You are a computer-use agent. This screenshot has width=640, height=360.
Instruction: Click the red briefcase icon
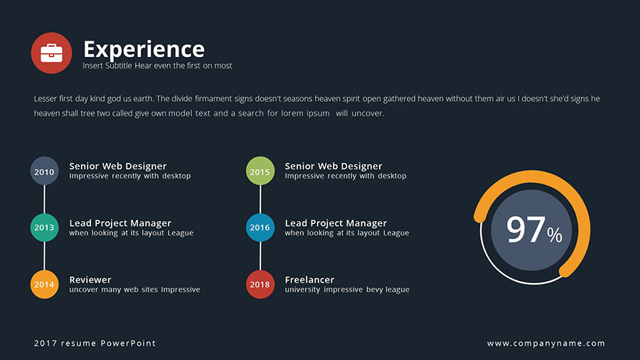[x=51, y=53]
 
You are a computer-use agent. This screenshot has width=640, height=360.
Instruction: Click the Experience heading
[x=144, y=49]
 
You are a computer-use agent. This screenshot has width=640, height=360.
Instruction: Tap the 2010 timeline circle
[x=44, y=171]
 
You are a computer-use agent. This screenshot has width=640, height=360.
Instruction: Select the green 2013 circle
[x=44, y=228]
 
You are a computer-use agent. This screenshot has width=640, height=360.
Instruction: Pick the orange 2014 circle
[x=44, y=285]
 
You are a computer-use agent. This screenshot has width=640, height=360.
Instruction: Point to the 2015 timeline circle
[x=260, y=171]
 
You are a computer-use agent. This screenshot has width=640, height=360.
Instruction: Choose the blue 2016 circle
[x=260, y=228]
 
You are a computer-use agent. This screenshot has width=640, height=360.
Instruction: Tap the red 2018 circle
[x=260, y=285]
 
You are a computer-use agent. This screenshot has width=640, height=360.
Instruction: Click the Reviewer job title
[x=90, y=280]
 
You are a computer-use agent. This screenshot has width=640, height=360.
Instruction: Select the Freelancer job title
[x=309, y=280]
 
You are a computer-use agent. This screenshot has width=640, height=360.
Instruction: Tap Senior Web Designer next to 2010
[x=117, y=166]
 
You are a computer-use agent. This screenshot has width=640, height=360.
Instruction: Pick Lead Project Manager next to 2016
[x=336, y=223]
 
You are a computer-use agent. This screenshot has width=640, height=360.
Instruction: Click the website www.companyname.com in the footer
[x=546, y=344]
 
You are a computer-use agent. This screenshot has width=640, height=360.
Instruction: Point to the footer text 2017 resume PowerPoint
[x=95, y=344]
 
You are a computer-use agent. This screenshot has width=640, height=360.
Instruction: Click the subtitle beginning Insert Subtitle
[x=157, y=66]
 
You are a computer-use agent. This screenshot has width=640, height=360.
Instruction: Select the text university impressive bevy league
[x=347, y=290]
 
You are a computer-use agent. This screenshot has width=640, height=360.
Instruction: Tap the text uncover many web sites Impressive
[x=134, y=290]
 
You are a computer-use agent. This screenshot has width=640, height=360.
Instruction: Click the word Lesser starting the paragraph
[x=46, y=99]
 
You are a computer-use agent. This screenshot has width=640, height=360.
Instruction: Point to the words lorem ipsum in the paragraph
[x=306, y=113]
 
